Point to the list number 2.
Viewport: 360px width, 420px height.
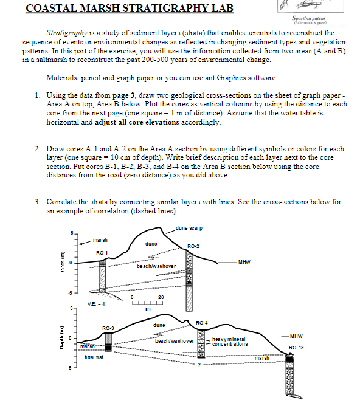(x=38, y=149)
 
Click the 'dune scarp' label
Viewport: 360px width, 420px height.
(x=189, y=229)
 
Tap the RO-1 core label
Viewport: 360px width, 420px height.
(x=102, y=252)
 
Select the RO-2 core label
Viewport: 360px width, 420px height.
(x=194, y=246)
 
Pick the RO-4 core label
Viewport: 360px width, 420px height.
(x=202, y=322)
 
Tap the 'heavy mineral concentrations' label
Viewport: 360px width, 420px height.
(x=230, y=342)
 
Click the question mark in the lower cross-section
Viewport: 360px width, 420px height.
(x=198, y=365)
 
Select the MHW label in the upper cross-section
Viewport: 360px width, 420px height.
(x=244, y=262)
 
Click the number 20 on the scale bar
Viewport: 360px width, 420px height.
(x=161, y=297)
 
